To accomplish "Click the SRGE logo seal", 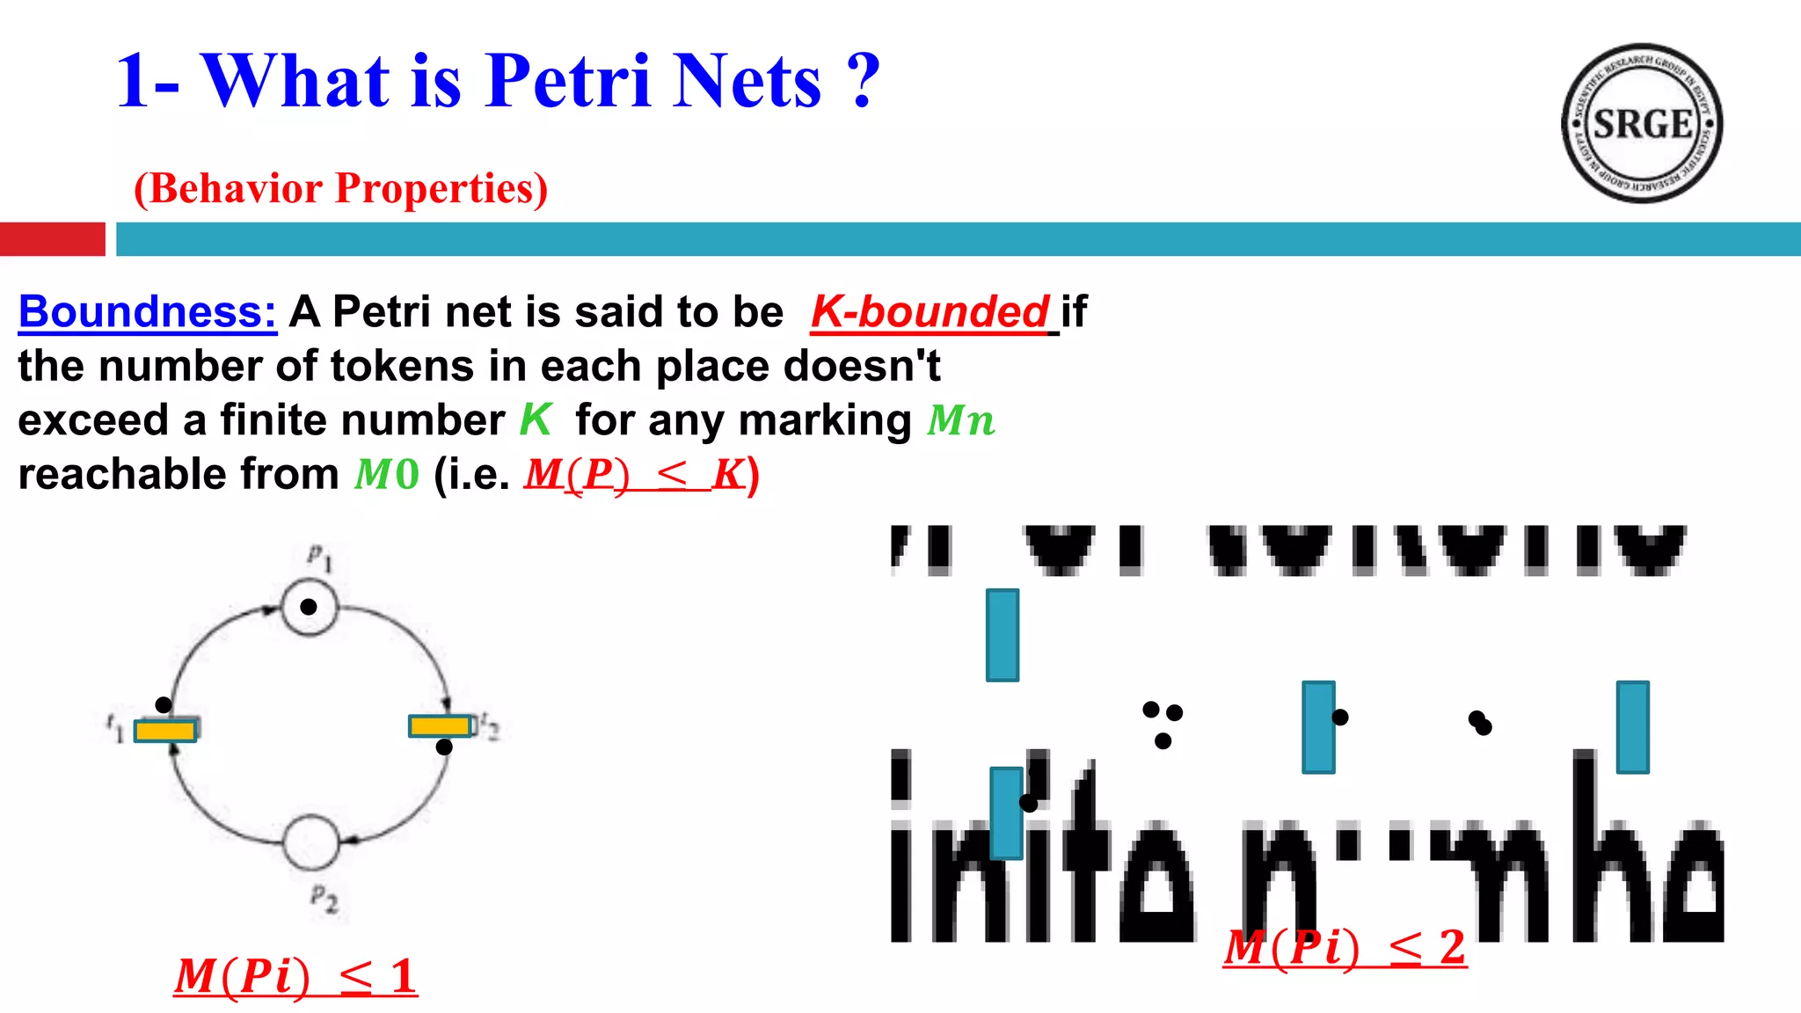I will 1641,123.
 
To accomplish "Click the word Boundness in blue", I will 147,312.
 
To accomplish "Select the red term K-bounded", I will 930,312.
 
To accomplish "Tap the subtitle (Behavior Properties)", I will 340,188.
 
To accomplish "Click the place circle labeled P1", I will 310,607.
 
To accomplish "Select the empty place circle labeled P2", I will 310,842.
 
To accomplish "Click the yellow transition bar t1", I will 165,730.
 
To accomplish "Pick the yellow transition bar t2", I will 440,725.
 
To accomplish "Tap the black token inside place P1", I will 309,607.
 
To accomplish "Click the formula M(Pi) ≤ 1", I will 295,976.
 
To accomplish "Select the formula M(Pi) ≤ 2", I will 1345,948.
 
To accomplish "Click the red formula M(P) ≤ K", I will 636,475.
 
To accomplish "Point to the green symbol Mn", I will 961,420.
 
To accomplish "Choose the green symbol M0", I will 387,475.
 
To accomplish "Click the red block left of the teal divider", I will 52,239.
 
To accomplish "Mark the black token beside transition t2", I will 444,747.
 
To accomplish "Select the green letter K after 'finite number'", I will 535,420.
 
